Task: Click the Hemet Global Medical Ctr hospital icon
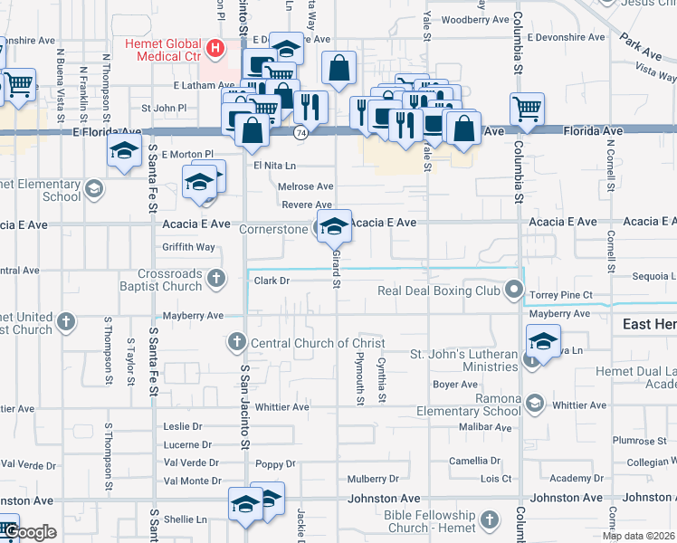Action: tap(215, 47)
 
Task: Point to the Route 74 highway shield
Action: tap(299, 133)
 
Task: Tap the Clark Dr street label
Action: tap(272, 281)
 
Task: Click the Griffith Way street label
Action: tap(188, 246)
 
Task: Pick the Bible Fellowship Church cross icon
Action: tap(490, 519)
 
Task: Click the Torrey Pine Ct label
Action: tap(561, 295)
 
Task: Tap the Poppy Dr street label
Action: tap(276, 463)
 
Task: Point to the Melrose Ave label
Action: tap(306, 186)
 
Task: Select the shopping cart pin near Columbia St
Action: tap(527, 110)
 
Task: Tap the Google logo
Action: tap(31, 531)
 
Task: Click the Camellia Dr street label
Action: tap(476, 462)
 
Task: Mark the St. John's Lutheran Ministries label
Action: tap(463, 360)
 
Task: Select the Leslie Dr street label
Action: tap(182, 426)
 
